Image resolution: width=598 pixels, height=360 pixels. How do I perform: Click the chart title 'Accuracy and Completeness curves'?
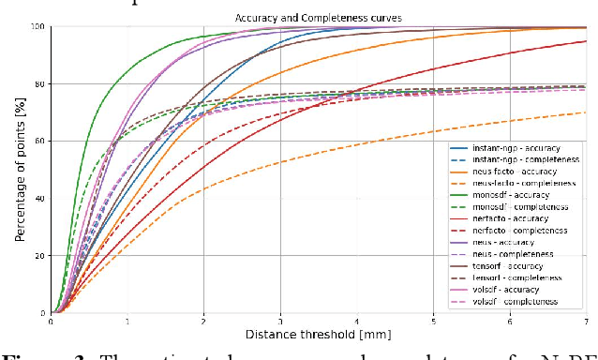pyautogui.click(x=320, y=17)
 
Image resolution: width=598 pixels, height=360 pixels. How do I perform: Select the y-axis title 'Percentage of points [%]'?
pyautogui.click(x=20, y=169)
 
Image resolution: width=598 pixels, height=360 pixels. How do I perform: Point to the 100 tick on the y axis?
pyautogui.click(x=39, y=26)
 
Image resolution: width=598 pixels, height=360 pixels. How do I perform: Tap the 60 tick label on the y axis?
pyautogui.click(x=41, y=142)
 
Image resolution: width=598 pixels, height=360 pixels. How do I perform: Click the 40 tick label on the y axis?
pyautogui.click(x=41, y=199)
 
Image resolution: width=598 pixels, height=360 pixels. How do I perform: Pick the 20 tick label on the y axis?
pyautogui.click(x=41, y=256)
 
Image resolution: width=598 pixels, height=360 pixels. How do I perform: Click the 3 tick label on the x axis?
pyautogui.click(x=280, y=321)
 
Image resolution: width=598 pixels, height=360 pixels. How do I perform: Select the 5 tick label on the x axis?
pyautogui.click(x=433, y=321)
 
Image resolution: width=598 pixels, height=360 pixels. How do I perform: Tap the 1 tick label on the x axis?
pyautogui.click(x=127, y=321)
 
